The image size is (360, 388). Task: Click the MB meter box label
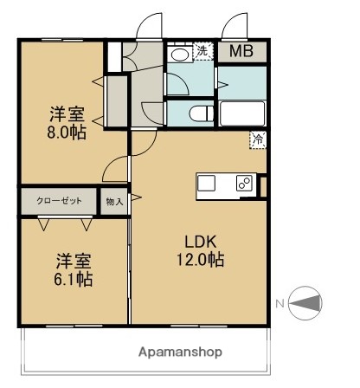point(241,51)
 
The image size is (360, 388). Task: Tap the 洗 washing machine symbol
point(202,51)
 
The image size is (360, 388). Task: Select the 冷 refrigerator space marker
point(257,138)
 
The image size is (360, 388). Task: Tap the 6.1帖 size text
point(73,279)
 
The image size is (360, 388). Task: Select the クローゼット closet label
point(59,201)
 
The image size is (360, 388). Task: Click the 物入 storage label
point(114,201)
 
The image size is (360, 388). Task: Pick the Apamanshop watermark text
point(180,352)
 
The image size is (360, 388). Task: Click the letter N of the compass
point(280,303)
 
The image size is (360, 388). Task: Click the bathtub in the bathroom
point(241,114)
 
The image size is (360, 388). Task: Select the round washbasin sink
point(180,55)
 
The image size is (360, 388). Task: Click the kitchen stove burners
point(244,184)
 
